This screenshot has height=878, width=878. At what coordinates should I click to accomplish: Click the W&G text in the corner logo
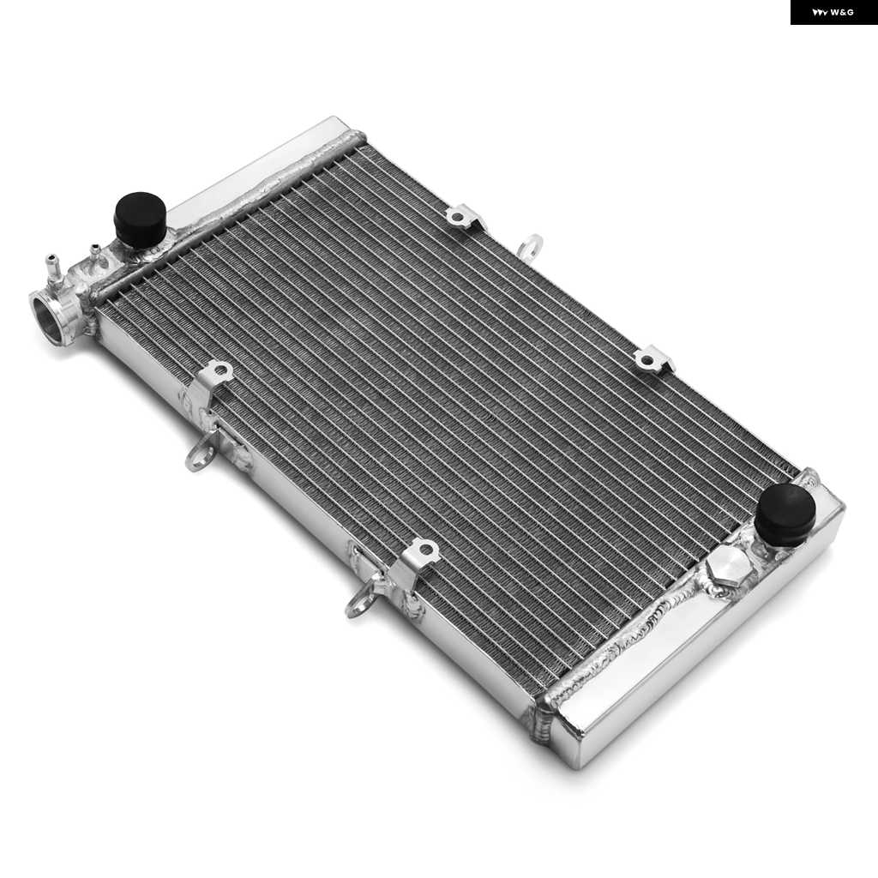point(842,12)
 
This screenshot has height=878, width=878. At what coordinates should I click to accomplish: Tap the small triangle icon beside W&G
point(820,12)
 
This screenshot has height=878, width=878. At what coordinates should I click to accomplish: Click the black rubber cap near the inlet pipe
point(140,216)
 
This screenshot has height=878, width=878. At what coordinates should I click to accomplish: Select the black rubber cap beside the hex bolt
point(785,514)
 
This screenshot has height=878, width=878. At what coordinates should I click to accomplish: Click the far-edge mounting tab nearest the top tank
point(464,216)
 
